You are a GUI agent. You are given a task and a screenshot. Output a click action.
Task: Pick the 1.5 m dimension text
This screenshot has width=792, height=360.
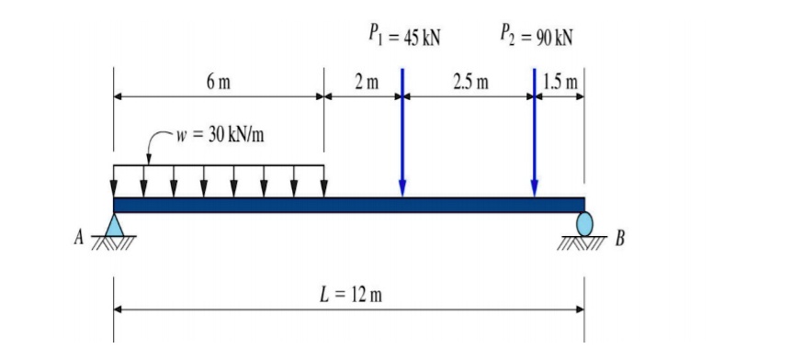pos(560,83)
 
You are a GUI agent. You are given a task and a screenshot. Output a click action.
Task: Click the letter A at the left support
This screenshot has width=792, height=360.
pos(81,240)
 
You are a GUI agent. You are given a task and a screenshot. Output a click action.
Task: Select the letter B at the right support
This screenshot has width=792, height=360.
pos(619,240)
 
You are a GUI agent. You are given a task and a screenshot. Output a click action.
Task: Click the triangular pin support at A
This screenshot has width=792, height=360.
pos(114,224)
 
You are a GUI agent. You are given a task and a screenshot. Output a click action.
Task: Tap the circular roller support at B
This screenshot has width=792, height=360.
pos(584,223)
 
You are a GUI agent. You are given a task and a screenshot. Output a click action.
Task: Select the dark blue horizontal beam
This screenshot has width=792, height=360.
pos(349,204)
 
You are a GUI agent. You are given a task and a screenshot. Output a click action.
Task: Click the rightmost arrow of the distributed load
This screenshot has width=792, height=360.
pos(323,181)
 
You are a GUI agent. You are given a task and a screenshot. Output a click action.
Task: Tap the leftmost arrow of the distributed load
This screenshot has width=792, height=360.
pos(114,181)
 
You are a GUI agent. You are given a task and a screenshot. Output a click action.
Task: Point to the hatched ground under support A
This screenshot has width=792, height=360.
pos(114,242)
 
